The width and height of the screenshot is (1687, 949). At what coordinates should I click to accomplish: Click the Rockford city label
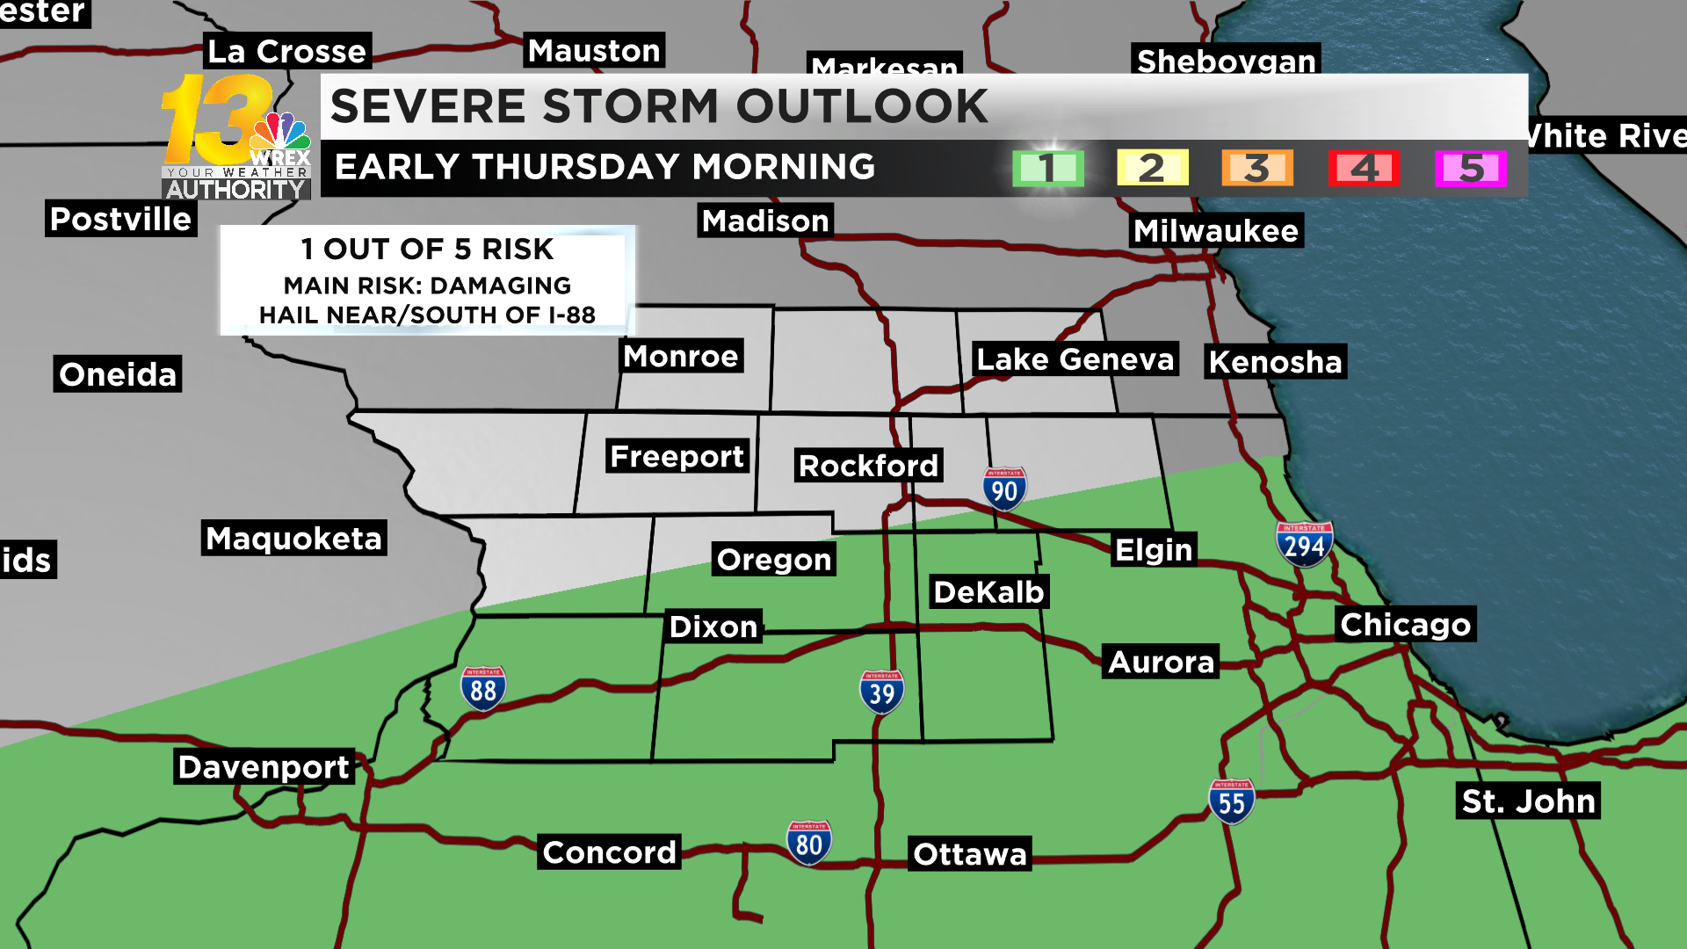click(x=868, y=466)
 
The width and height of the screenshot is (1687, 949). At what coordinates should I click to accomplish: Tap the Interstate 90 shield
click(x=1004, y=489)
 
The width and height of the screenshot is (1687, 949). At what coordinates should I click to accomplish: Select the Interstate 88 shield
click(x=483, y=689)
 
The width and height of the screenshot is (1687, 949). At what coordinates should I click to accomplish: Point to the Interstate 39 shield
click(x=881, y=693)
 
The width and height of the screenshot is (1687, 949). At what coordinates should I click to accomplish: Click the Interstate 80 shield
click(x=809, y=844)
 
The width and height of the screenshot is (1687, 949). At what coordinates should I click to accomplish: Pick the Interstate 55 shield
click(x=1232, y=801)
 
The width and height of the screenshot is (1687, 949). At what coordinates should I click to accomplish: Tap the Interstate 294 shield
click(x=1304, y=545)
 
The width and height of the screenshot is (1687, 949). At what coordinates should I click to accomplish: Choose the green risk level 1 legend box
click(x=1047, y=168)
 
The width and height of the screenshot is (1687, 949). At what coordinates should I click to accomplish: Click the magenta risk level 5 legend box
click(x=1471, y=168)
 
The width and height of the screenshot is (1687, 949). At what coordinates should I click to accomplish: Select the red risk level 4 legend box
click(x=1364, y=168)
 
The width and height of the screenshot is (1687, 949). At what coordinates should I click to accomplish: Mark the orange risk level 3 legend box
click(x=1257, y=168)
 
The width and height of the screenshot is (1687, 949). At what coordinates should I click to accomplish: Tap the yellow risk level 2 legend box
click(x=1152, y=168)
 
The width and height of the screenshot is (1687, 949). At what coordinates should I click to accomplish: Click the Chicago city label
click(x=1405, y=624)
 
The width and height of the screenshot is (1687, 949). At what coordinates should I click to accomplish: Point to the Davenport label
click(x=264, y=767)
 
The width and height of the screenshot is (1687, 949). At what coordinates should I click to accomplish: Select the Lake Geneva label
click(x=1075, y=359)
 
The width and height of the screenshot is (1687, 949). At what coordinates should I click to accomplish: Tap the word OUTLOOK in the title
click(x=862, y=106)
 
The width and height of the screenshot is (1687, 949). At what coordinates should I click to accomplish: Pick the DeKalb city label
click(x=988, y=592)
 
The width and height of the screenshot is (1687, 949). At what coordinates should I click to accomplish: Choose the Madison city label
click(x=765, y=221)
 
